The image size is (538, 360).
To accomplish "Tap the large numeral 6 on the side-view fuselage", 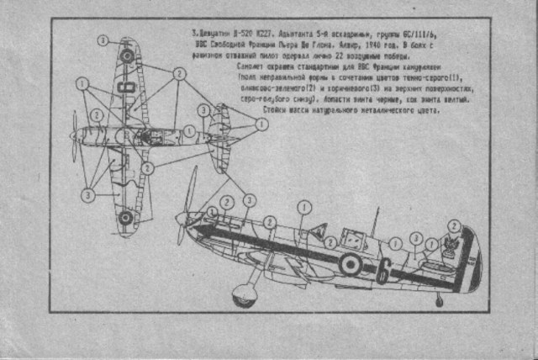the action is click(x=383, y=270).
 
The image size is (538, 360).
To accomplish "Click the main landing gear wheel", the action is click(x=245, y=294).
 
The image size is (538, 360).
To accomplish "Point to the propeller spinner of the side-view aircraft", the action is click(x=182, y=220).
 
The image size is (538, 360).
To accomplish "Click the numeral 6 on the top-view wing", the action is click(x=128, y=87).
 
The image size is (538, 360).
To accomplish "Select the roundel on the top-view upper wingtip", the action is click(x=126, y=56).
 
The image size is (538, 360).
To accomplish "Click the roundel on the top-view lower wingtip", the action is click(x=125, y=217).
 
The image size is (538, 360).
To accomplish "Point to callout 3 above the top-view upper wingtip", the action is click(x=102, y=40).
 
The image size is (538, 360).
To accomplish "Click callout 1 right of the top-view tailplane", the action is click(x=261, y=124).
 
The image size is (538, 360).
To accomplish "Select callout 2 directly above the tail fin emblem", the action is click(x=455, y=225).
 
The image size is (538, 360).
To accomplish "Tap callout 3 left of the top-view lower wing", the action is click(x=86, y=194).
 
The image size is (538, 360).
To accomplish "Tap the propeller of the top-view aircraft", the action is click(x=76, y=135).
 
